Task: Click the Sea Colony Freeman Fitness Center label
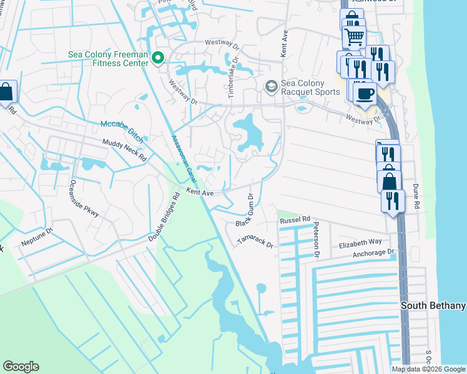[x=108, y=59]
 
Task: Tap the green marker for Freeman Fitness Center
[x=158, y=59]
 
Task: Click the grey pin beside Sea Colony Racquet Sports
[x=271, y=86]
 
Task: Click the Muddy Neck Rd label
[x=124, y=150]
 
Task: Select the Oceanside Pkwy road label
[x=84, y=198]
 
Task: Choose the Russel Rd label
[x=295, y=220]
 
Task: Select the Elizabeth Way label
[x=360, y=242]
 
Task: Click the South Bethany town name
[x=433, y=305]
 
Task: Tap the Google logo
[x=21, y=367]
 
